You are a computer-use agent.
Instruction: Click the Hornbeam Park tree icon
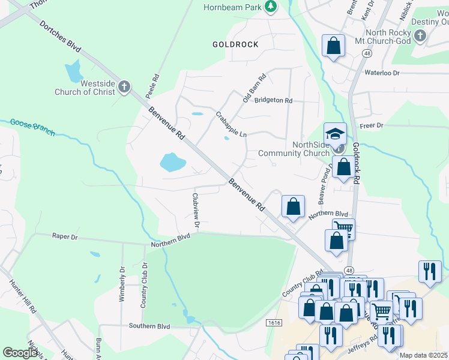pos(271,7)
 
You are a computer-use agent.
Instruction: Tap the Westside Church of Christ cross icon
pos(124,88)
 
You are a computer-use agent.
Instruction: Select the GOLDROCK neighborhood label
pos(235,44)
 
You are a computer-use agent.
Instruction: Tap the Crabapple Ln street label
pos(231,124)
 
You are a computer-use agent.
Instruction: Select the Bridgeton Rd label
pos(273,101)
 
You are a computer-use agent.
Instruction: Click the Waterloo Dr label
pos(382,73)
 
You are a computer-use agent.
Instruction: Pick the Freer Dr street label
pos(371,125)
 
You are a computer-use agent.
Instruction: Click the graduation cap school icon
pos(336,133)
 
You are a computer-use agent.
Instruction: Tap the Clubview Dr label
pos(195,209)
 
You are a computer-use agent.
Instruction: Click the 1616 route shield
pos(274,322)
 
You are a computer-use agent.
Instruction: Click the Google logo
pos(20,352)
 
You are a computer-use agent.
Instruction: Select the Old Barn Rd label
pos(253,88)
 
